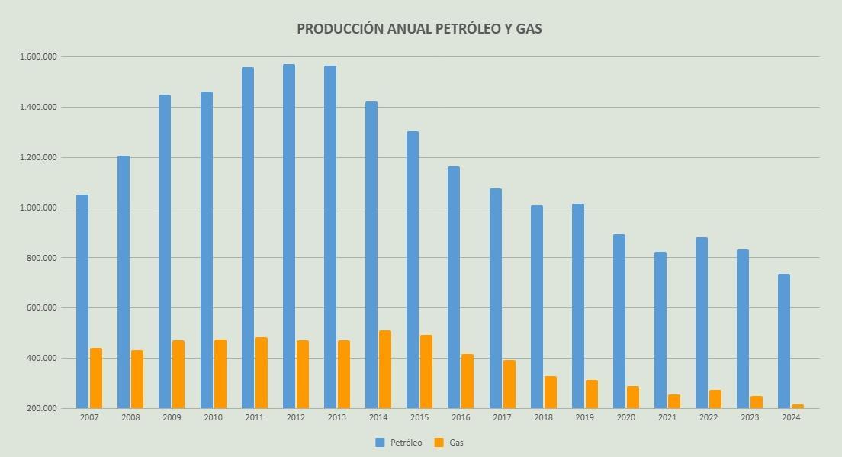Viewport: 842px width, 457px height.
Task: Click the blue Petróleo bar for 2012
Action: pyautogui.click(x=289, y=237)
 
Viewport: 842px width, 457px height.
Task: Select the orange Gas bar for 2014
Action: pyautogui.click(x=385, y=369)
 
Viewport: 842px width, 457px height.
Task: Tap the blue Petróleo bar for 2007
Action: pyautogui.click(x=82, y=301)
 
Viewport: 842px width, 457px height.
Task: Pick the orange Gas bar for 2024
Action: pyautogui.click(x=798, y=406)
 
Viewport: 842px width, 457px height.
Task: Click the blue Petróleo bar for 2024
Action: pyautogui.click(x=784, y=341)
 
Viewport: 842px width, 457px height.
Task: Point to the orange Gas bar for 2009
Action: pyautogui.click(x=178, y=374)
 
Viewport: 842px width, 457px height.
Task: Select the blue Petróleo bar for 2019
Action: pyautogui.click(x=578, y=306)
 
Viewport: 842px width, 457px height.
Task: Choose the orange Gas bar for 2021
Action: pyautogui.click(x=674, y=401)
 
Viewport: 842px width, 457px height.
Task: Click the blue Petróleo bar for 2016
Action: pyautogui.click(x=454, y=287)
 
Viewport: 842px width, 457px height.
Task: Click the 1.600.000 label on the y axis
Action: pyautogui.click(x=38, y=57)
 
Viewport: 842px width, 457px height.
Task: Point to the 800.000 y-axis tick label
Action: pyautogui.click(x=42, y=258)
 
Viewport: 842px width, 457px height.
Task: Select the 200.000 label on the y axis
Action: pyautogui.click(x=42, y=408)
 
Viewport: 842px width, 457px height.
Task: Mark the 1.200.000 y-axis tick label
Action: pyautogui.click(x=38, y=158)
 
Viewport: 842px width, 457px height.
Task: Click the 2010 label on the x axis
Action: pyautogui.click(x=214, y=418)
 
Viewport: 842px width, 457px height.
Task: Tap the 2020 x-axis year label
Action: pyautogui.click(x=625, y=418)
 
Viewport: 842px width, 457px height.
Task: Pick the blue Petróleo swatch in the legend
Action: pyautogui.click(x=381, y=443)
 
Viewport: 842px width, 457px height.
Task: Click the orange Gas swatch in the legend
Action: pyautogui.click(x=439, y=443)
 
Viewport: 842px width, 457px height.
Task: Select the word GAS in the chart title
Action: pyautogui.click(x=529, y=29)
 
